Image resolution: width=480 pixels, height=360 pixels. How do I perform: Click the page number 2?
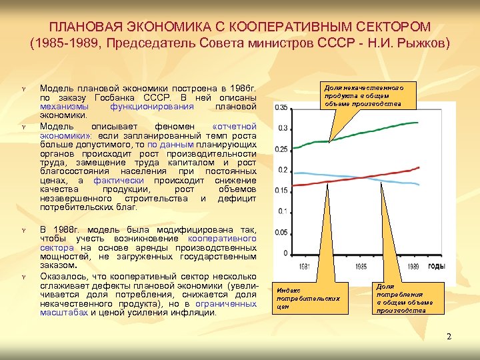tap(449, 336)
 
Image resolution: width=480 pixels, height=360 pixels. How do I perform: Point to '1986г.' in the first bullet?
tap(241, 88)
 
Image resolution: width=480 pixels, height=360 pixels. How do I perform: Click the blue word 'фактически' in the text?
tap(116, 180)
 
